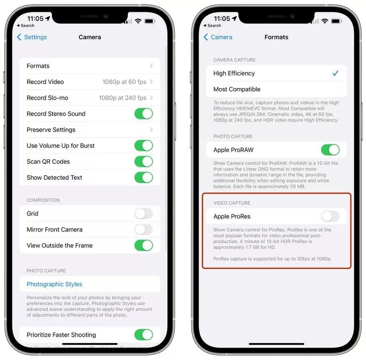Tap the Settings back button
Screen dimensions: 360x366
(32, 37)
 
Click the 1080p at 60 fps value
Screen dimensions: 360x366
(124, 82)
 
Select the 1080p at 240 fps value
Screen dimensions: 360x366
(123, 98)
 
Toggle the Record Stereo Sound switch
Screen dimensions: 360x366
(144, 114)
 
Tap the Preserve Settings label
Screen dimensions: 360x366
(51, 130)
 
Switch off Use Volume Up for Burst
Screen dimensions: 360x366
(144, 146)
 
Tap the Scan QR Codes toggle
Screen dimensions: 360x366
(144, 161)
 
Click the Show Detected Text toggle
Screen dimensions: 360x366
(144, 177)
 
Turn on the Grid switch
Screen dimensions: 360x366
(144, 214)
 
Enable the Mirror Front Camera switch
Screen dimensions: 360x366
(144, 230)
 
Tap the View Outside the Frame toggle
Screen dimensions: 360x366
(144, 246)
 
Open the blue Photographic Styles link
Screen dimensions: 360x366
(54, 284)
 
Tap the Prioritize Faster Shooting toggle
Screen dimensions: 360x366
(144, 335)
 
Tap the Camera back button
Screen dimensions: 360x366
(218, 37)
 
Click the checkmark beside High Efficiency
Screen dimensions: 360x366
(335, 73)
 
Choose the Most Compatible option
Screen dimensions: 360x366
(237, 89)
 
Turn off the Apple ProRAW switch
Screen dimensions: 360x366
(330, 150)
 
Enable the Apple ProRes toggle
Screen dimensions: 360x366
(330, 216)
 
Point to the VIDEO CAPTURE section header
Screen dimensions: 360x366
(232, 203)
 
